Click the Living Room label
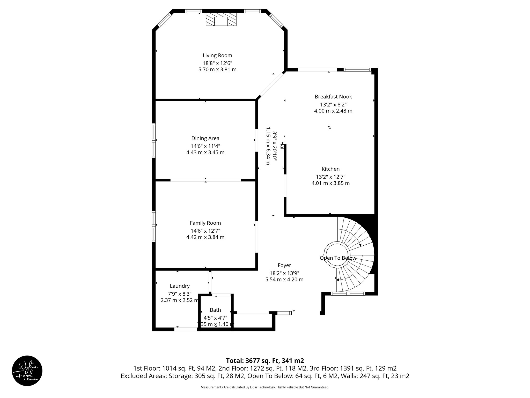point(217,55)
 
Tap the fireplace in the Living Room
point(221,20)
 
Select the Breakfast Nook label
point(333,97)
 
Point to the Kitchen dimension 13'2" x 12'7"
point(330,177)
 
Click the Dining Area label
point(205,138)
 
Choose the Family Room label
point(205,223)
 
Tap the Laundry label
point(180,286)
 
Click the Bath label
point(215,310)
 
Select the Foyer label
point(284,265)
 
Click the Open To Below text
point(338,258)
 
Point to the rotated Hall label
point(282,146)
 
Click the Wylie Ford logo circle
point(27,371)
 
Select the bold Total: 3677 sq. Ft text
point(265,361)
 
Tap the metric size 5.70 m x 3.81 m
point(217,69)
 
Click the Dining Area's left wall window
point(154,140)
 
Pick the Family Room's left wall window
point(154,226)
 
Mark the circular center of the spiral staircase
point(337,254)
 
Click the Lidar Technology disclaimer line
point(265,387)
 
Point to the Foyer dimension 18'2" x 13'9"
point(284,273)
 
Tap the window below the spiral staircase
point(348,294)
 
